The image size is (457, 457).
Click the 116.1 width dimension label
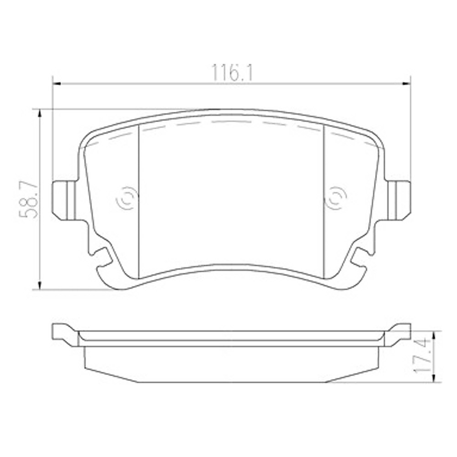click(x=232, y=73)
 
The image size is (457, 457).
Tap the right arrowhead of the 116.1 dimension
click(x=407, y=83)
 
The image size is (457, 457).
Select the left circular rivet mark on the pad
click(x=127, y=199)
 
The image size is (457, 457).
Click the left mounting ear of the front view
click(x=64, y=199)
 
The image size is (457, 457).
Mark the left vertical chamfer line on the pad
click(x=138, y=201)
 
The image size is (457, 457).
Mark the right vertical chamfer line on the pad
click(x=324, y=201)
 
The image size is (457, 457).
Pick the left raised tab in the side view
click(x=64, y=333)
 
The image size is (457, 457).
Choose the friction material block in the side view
click(x=232, y=364)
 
